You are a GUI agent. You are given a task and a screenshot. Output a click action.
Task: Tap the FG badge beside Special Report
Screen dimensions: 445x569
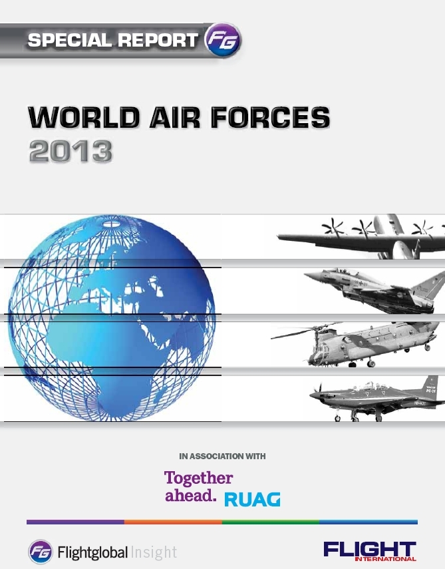pyautogui.click(x=222, y=39)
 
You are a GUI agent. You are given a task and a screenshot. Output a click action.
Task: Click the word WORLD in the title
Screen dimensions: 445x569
pyautogui.click(x=84, y=117)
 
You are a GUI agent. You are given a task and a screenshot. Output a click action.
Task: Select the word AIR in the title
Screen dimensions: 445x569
pyautogui.click(x=175, y=117)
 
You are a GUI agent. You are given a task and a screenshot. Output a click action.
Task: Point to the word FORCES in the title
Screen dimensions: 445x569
pyautogui.click(x=270, y=117)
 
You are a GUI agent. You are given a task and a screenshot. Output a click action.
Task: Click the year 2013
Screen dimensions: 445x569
pyautogui.click(x=71, y=151)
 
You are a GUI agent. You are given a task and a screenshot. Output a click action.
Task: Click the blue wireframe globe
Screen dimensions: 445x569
pyautogui.click(x=111, y=318)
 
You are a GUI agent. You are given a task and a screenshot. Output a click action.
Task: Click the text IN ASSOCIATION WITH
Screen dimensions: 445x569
pyautogui.click(x=222, y=456)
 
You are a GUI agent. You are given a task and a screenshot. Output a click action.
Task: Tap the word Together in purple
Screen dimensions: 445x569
pyautogui.click(x=198, y=478)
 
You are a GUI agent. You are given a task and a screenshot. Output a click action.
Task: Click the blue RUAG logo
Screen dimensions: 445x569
pyautogui.click(x=252, y=499)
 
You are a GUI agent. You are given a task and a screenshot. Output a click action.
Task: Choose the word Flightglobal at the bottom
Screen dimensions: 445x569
pyautogui.click(x=93, y=552)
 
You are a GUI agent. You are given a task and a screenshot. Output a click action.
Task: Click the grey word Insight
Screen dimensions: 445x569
pyautogui.click(x=154, y=552)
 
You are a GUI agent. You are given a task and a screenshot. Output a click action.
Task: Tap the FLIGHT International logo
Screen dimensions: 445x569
pyautogui.click(x=370, y=551)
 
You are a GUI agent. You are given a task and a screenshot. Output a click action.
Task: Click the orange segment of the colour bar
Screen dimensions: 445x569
pyautogui.click(x=174, y=522)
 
